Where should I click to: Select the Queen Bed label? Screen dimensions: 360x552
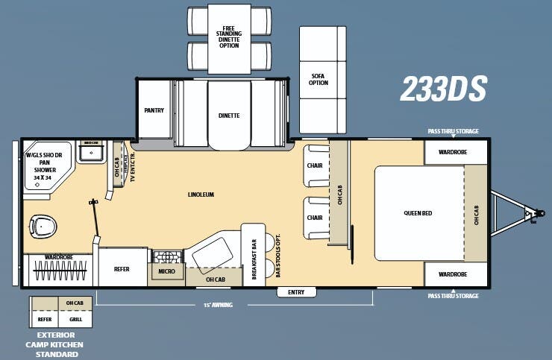click(418, 213)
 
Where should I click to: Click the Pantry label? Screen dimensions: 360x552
click(154, 110)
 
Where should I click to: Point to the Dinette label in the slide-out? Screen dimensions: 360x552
click(229, 116)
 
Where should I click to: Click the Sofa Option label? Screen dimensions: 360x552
click(319, 79)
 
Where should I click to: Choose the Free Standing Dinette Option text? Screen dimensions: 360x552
click(229, 37)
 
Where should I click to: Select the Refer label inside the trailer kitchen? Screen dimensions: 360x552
click(122, 269)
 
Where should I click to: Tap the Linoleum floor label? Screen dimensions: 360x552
click(201, 195)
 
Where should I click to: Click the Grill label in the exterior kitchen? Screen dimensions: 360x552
click(75, 319)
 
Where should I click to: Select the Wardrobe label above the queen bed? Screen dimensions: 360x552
click(452, 152)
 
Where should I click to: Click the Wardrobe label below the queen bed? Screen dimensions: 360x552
click(452, 274)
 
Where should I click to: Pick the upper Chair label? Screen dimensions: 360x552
click(315, 165)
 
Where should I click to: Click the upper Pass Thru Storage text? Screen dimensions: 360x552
click(453, 131)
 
